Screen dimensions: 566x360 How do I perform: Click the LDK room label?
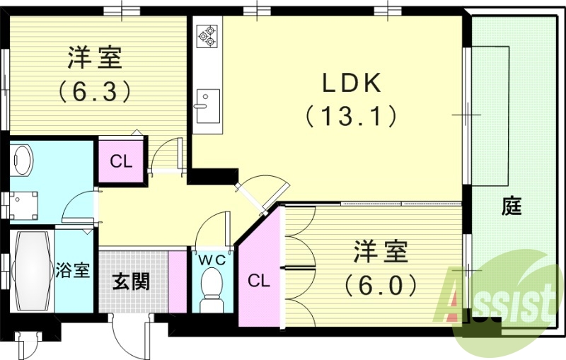[x=351, y=83]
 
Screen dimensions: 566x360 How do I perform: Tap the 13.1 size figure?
[x=351, y=117]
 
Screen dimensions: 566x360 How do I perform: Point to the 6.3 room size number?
[x=95, y=91]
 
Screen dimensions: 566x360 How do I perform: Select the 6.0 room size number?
[x=380, y=285]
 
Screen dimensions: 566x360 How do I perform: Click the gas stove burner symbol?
[x=207, y=36]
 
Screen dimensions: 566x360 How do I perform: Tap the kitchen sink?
[x=207, y=106]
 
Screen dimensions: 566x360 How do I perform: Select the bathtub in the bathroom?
[x=31, y=271]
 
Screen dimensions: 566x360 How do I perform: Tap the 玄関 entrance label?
[x=132, y=281]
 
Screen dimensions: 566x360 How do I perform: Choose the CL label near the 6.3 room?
[x=121, y=162]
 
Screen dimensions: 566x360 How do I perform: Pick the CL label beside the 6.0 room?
[x=259, y=280]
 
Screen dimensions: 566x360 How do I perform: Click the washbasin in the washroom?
[x=22, y=161]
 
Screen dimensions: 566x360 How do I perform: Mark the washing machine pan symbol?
[x=23, y=206]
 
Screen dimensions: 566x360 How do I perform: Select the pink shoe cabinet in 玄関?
[x=178, y=281]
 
